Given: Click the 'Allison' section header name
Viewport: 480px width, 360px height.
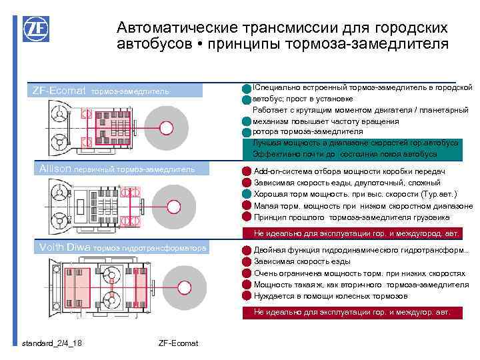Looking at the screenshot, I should coord(51,169).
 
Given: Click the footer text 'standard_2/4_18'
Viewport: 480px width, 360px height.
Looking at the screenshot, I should coord(52,343).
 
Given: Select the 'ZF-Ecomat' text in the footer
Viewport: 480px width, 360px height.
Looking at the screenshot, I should coord(178,343).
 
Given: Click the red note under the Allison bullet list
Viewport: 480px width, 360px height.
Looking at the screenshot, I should coord(357,233).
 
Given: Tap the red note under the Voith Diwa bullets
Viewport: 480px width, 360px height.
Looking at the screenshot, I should coord(353,311).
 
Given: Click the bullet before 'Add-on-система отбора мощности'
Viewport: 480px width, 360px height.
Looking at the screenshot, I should coord(247,172).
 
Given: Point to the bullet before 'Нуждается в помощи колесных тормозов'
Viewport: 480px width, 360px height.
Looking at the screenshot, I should coord(247,296).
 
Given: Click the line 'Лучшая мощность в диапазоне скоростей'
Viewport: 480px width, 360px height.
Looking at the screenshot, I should coord(355,143).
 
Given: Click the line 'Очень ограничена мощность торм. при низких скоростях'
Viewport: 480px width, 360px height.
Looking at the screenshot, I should coord(359,273).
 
